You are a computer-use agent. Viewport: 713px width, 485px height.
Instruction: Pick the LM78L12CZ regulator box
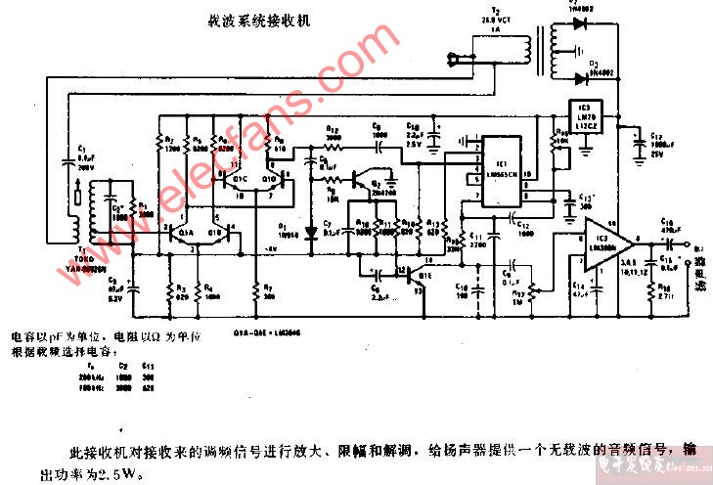(585, 115)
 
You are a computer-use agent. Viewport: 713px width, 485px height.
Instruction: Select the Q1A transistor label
(186, 233)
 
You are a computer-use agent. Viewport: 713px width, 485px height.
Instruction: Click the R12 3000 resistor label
(333, 133)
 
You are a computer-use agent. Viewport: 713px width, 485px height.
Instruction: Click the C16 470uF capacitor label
(669, 224)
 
